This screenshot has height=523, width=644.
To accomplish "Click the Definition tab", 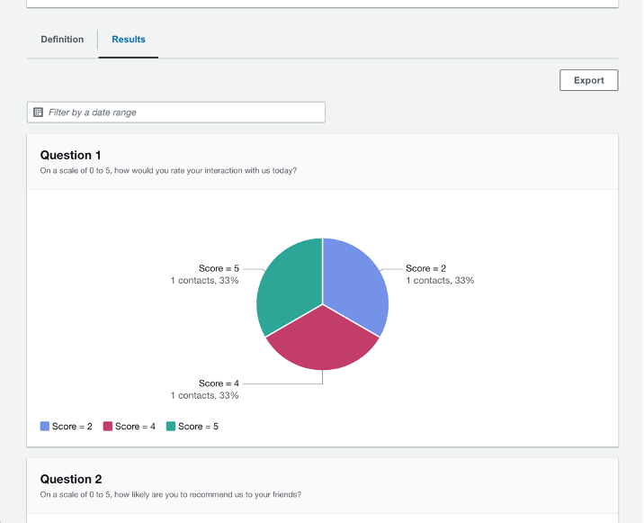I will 62,40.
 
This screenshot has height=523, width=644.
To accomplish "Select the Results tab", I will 129,40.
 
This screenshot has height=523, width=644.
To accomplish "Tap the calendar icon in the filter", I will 38,113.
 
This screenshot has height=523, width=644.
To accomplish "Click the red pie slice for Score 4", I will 322,342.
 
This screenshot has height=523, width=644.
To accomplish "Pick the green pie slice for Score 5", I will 288,284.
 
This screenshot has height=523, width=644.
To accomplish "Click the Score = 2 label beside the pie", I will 425,268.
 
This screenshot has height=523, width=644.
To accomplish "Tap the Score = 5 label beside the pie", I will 219,268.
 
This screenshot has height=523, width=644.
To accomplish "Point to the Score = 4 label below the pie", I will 219,383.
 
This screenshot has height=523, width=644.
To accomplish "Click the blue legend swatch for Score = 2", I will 45,427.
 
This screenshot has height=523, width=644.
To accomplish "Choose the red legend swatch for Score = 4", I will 108,427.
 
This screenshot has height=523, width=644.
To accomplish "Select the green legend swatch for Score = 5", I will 171,427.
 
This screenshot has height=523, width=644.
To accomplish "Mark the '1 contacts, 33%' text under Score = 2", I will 440,281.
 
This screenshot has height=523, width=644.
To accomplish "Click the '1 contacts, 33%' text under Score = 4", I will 205,395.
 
